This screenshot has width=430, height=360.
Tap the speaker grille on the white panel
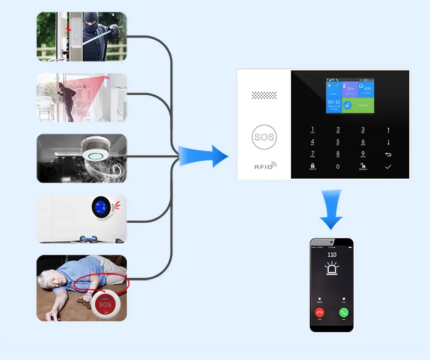point(265,95)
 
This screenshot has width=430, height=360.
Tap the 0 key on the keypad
point(338,166)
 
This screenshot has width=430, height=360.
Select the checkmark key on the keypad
point(388,166)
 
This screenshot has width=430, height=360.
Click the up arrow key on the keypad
point(388,130)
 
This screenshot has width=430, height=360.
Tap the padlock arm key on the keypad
point(312,166)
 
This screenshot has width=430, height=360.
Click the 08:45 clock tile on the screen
point(334,105)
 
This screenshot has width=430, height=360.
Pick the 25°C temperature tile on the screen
point(351,89)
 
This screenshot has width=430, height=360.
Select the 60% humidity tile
point(367,89)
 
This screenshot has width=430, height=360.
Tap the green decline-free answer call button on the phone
point(343,313)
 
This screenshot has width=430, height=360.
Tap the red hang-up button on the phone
point(320,313)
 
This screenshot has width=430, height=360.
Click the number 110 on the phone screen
point(331,254)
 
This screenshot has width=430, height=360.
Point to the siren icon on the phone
point(331,269)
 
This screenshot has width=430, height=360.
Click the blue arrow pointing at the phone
point(331,210)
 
